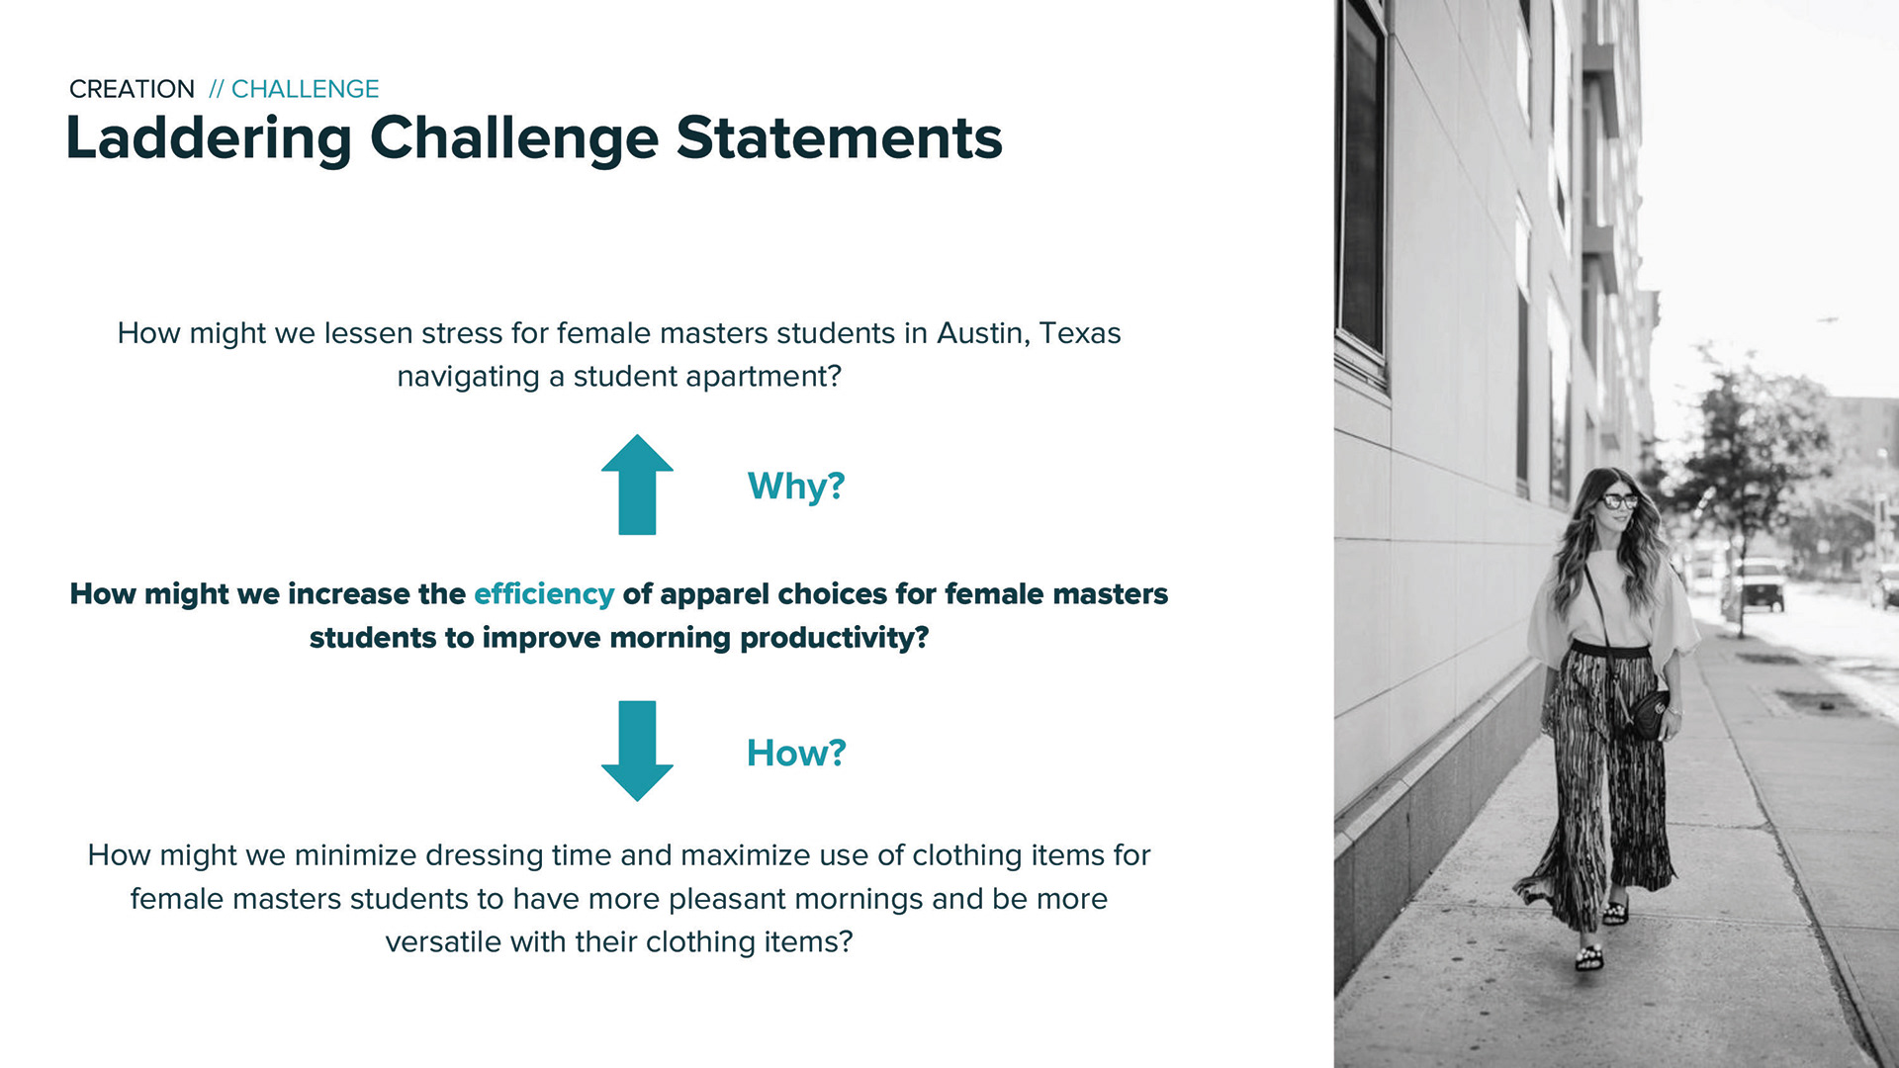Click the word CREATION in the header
132,89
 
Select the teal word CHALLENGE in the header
305,89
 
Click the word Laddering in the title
209,138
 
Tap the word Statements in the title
839,137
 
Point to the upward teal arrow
637,485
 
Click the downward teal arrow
637,751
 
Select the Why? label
796,486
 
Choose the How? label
796,753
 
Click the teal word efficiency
544,594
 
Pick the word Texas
1080,333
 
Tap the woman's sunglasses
1618,501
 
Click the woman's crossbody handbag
1646,714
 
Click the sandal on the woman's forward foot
1588,956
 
